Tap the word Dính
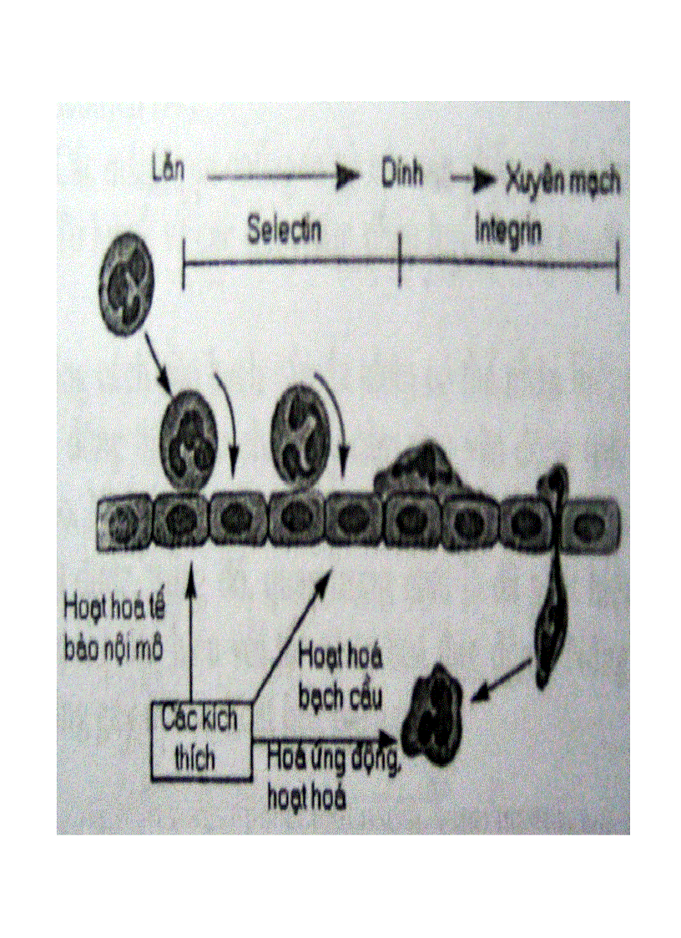(401, 175)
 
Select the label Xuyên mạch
(563, 180)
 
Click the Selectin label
(284, 231)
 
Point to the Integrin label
(507, 231)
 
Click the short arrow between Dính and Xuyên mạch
(474, 179)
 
